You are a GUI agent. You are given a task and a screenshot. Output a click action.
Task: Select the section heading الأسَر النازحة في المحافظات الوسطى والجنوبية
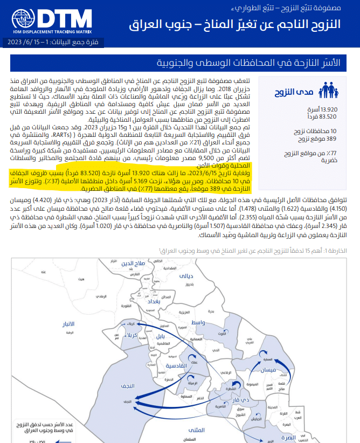pos(260,64)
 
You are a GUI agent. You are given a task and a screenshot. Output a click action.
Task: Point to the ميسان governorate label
pos(268,370)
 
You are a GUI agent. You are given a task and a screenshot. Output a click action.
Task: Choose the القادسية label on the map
pos(176,366)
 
